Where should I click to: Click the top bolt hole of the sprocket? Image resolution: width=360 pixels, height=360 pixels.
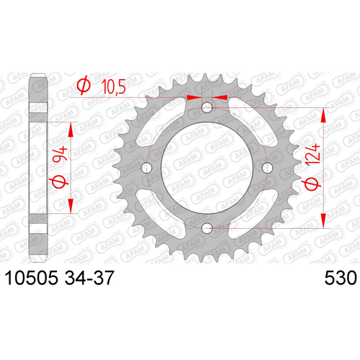pos(207,107)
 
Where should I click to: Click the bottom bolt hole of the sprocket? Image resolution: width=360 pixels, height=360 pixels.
pos(207,228)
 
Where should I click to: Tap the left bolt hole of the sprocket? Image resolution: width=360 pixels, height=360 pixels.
pos(147,168)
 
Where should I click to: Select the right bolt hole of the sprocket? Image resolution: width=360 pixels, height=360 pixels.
pos(267,168)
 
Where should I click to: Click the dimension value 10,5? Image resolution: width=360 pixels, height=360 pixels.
pos(114,86)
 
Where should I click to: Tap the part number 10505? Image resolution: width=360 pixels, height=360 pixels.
pos(32,278)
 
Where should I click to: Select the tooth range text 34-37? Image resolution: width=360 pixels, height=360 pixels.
pos(89,278)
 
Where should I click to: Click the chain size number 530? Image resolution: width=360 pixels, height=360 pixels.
pos(341,278)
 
